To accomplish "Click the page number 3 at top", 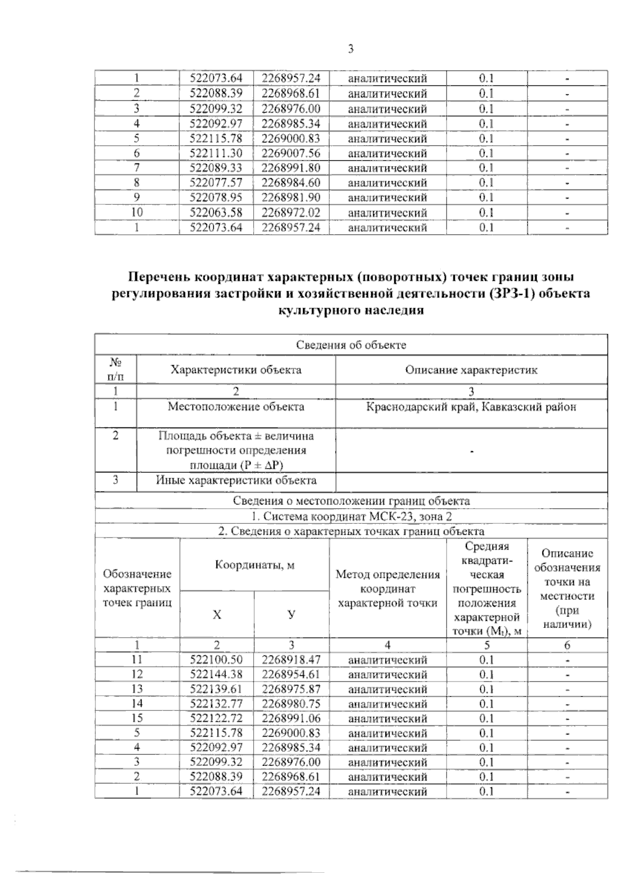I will [x=351, y=49].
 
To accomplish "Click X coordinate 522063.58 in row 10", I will [x=216, y=213].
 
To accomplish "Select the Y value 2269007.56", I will [x=291, y=153].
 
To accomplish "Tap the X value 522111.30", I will [x=216, y=153].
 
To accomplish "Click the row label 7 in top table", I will [x=137, y=168].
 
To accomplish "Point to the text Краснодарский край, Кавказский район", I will [x=471, y=407].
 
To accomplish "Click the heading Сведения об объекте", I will [x=351, y=345].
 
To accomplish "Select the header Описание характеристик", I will [x=471, y=370].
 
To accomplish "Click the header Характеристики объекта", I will [x=236, y=370].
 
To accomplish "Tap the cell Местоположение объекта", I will [x=236, y=407].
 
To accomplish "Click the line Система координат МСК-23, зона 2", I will [x=351, y=516].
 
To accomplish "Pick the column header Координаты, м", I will [x=254, y=565].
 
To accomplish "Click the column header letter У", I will [x=291, y=614].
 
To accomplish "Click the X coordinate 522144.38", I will [x=216, y=674].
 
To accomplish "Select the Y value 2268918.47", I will [x=291, y=660].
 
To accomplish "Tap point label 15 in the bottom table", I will [x=137, y=718].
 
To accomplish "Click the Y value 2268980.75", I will [x=291, y=704].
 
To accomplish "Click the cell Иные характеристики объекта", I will [x=236, y=480].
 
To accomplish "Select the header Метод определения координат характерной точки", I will [x=388, y=588].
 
